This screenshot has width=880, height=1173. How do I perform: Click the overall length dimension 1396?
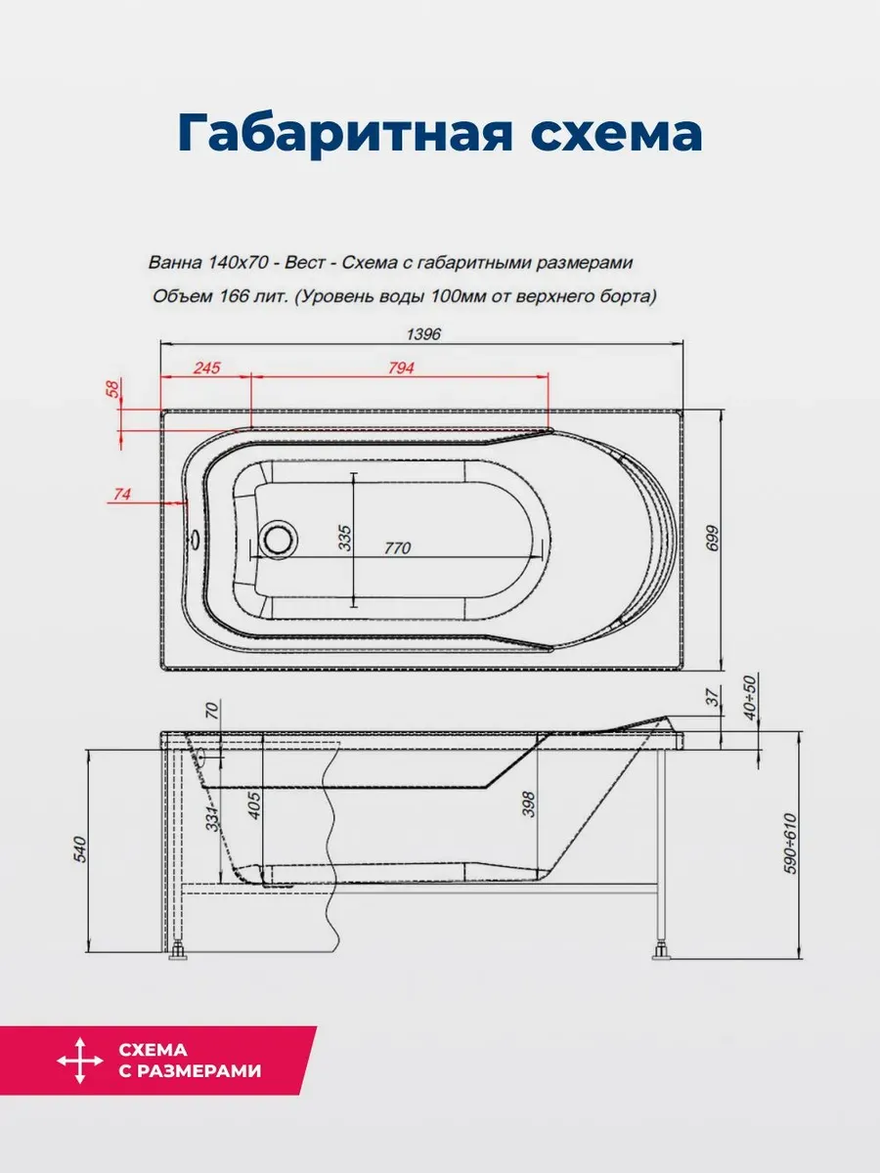pyautogui.click(x=423, y=334)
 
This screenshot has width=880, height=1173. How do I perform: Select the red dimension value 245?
pyautogui.click(x=206, y=368)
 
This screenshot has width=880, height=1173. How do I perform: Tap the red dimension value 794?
pyautogui.click(x=401, y=368)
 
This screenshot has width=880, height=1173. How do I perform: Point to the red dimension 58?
pyautogui.click(x=112, y=388)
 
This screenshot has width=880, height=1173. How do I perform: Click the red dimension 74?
pyautogui.click(x=122, y=495)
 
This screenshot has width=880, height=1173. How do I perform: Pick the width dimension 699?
pyautogui.click(x=712, y=539)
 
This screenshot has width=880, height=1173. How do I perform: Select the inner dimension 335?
pyautogui.click(x=346, y=539)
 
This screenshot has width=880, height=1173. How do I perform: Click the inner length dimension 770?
pyautogui.click(x=398, y=547)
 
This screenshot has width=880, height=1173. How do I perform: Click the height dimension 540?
pyautogui.click(x=79, y=849)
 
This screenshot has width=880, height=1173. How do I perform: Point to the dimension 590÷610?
pyautogui.click(x=791, y=844)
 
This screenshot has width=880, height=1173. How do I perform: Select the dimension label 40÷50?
pyautogui.click(x=750, y=698)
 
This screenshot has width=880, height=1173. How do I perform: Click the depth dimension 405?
pyautogui.click(x=254, y=805)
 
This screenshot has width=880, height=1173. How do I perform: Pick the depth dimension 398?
pyautogui.click(x=528, y=804)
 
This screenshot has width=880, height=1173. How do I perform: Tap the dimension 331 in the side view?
pyautogui.click(x=212, y=818)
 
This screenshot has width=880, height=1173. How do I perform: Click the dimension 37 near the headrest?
pyautogui.click(x=713, y=697)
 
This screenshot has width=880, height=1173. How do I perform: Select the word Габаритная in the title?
pyautogui.click(x=344, y=134)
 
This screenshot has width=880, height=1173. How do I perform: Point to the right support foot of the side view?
pyautogui.click(x=662, y=952)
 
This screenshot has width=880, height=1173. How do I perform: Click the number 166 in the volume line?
pyautogui.click(x=235, y=296)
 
